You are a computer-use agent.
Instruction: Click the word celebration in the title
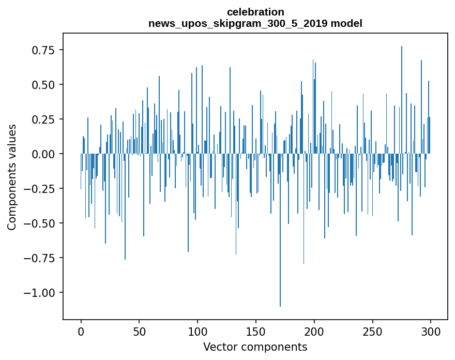click(255, 12)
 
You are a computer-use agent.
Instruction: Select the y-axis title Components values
click(12, 177)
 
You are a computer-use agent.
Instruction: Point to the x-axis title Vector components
click(255, 347)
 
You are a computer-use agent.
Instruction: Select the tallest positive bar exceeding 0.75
click(402, 98)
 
